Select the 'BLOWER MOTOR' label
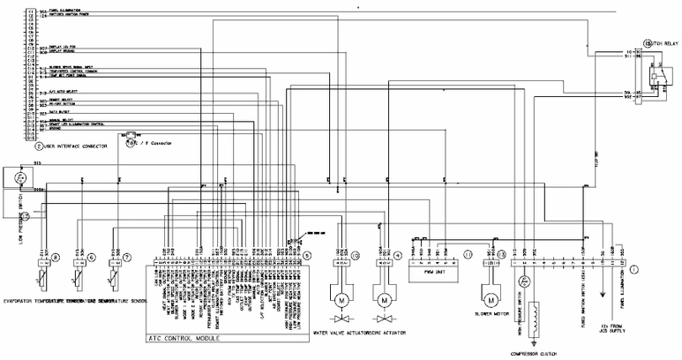coord(495,312)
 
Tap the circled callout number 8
coord(55,258)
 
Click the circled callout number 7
coord(127,258)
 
